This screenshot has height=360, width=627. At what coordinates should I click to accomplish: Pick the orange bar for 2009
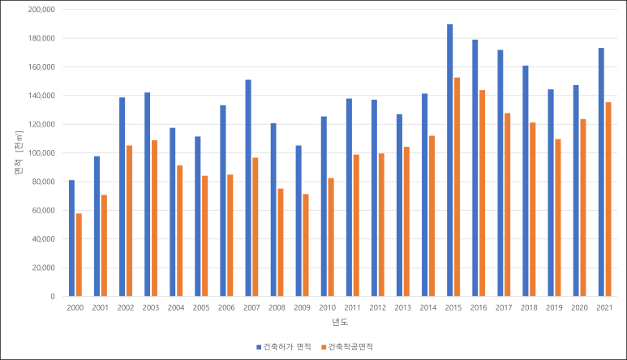(306, 245)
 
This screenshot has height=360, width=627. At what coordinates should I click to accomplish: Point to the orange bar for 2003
(155, 217)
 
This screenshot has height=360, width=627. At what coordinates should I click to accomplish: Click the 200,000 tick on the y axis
(41, 10)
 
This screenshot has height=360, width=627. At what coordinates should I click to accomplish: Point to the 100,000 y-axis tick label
(41, 153)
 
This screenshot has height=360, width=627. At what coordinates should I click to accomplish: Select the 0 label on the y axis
(52, 297)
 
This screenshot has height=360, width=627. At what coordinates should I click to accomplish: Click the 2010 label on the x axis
(327, 308)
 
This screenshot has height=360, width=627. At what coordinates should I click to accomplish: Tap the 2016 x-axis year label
(479, 308)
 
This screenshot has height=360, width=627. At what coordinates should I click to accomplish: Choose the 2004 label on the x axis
(176, 308)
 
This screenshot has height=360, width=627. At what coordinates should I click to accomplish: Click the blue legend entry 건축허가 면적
(284, 346)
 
